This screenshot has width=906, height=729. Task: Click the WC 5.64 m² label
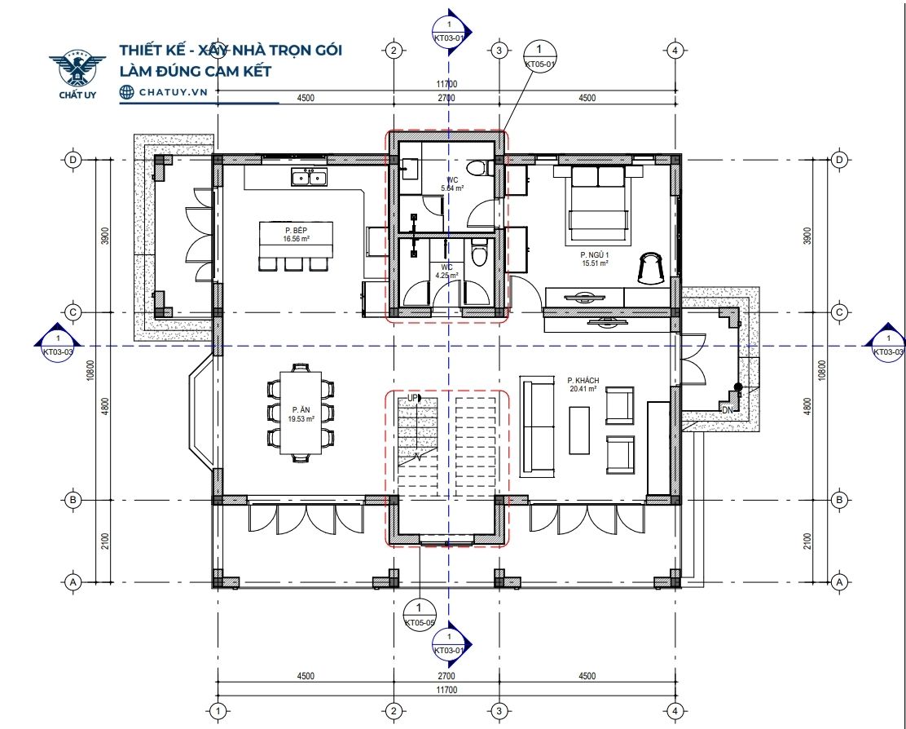(452, 183)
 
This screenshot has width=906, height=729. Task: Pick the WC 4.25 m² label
(446, 272)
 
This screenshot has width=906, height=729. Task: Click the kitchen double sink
(309, 176)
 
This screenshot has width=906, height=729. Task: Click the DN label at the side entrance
(727, 409)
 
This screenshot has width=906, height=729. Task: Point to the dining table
(301, 413)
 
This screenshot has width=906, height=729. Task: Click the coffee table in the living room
(579, 430)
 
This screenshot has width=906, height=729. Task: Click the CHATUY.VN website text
(173, 92)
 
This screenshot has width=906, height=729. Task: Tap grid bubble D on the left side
(73, 160)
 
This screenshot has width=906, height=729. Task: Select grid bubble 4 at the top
(675, 51)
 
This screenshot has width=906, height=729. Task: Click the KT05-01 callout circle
(539, 56)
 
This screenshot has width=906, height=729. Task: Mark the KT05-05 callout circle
(419, 614)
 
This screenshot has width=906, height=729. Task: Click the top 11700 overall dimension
(446, 85)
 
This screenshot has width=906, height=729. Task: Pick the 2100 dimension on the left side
(104, 541)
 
